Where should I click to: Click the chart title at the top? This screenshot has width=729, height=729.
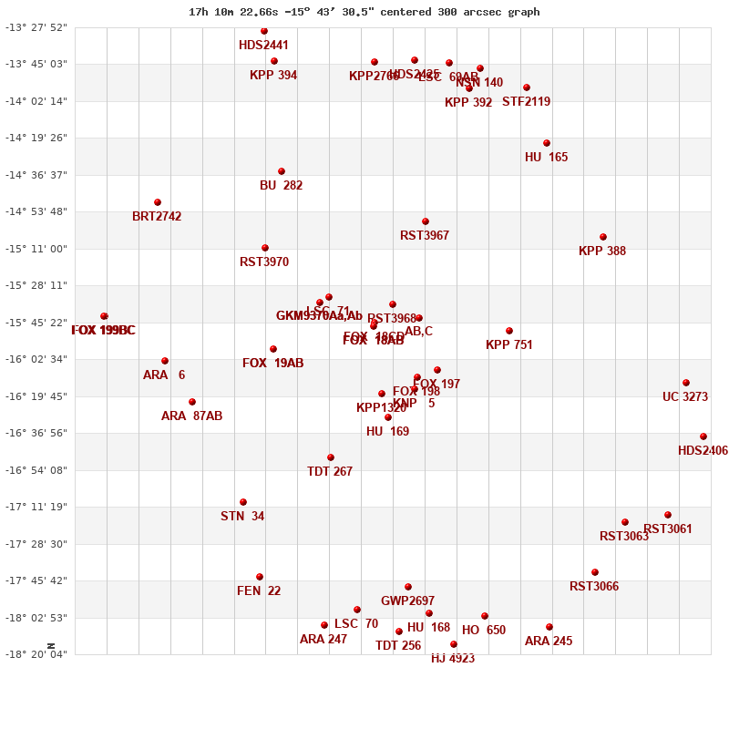(364, 12)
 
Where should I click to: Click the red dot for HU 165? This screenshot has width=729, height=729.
(547, 143)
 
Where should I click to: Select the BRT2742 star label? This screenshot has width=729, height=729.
(157, 217)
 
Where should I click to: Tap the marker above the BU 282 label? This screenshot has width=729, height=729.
(282, 171)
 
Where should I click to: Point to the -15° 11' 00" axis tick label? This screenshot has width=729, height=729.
(37, 249)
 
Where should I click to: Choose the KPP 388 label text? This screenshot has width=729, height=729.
(602, 252)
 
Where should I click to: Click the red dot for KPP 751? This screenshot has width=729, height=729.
(509, 331)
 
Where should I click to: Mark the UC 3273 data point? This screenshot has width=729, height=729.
(686, 383)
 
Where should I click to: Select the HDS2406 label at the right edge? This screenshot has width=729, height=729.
(703, 451)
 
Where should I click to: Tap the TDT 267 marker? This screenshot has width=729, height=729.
(331, 457)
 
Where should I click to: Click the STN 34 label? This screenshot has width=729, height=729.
(242, 517)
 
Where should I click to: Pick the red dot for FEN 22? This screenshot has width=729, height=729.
(260, 577)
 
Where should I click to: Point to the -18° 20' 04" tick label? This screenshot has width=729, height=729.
(37, 654)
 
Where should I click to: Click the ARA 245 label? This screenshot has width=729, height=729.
(549, 642)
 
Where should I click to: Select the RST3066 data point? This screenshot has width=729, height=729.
(595, 572)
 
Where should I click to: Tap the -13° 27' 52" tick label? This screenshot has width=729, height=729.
(37, 27)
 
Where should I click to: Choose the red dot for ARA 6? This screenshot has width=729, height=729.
(165, 361)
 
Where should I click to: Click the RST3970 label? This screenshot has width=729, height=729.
(264, 262)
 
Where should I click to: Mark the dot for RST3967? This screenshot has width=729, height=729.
(426, 221)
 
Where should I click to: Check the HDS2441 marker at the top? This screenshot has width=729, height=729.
(264, 31)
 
